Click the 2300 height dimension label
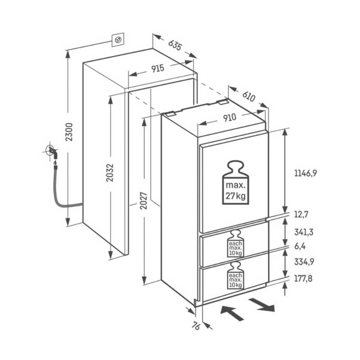click(x=69, y=132)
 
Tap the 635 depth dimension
click(x=175, y=45)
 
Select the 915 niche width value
click(x=158, y=68)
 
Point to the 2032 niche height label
click(x=110, y=173)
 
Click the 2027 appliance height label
click(x=144, y=201)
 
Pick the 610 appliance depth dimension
click(x=249, y=96)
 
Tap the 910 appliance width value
click(x=229, y=118)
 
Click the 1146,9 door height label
click(x=306, y=173)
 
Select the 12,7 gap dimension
click(x=301, y=215)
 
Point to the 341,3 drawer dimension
click(x=304, y=232)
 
